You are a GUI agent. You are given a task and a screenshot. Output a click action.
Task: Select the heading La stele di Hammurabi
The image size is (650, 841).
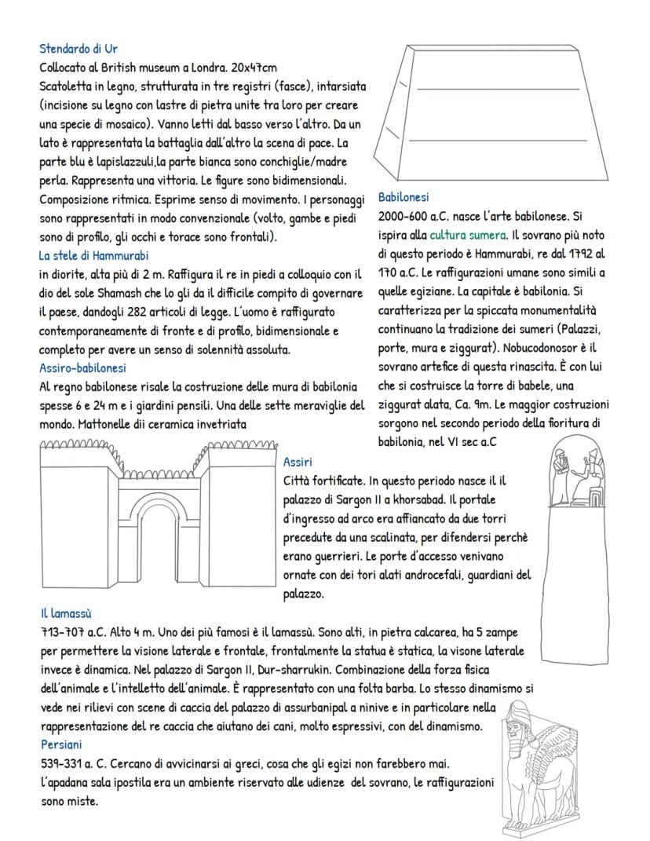click(93, 254)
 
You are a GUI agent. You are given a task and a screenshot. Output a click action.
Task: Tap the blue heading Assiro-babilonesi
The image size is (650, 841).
click(82, 367)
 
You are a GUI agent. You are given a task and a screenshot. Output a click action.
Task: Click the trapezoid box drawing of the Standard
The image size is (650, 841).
click(495, 114)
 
